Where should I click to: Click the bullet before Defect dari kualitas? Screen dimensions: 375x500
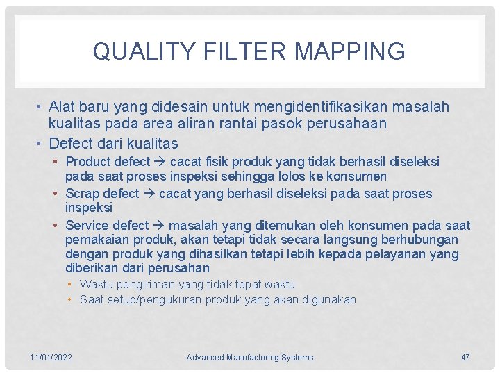click(40, 144)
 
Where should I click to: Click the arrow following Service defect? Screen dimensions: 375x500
click(159, 226)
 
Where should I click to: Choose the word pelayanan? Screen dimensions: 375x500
click(397, 254)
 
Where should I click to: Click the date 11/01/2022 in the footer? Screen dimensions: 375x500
click(51, 358)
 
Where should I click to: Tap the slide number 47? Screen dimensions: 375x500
click(465, 358)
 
